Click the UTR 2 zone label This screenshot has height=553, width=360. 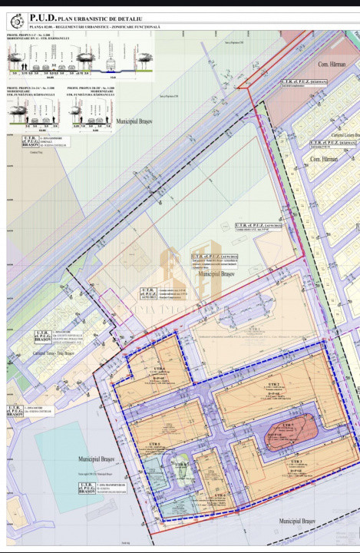[273, 383]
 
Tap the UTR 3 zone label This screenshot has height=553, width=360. [296, 460]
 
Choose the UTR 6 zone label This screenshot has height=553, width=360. [220, 496]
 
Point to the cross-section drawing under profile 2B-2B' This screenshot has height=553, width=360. [91, 115]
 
